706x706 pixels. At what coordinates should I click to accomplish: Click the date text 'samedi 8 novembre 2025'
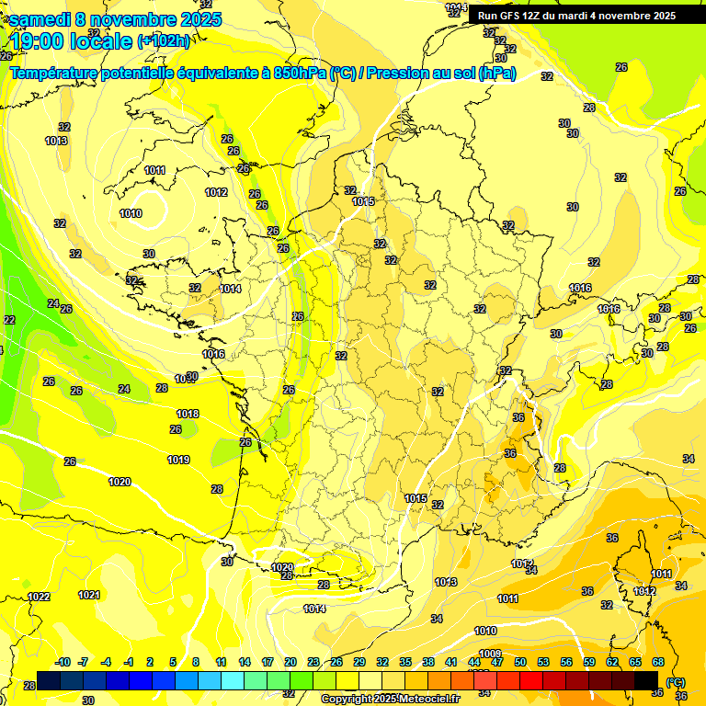pyautogui.click(x=116, y=19)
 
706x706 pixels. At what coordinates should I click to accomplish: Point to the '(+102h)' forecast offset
pyautogui.click(x=164, y=40)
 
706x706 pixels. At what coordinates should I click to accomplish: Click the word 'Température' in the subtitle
pyautogui.click(x=53, y=73)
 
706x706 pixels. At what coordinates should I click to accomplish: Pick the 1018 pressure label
pyautogui.click(x=188, y=414)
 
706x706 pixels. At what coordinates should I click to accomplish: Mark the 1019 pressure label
pyautogui.click(x=178, y=460)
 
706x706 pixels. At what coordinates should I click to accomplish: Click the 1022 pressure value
pyautogui.click(x=39, y=597)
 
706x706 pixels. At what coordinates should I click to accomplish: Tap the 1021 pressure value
pyautogui.click(x=89, y=595)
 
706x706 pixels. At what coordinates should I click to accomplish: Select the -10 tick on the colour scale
pyautogui.click(x=63, y=662)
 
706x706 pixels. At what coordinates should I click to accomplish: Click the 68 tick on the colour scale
pyautogui.click(x=658, y=662)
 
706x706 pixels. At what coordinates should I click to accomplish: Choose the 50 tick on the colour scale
pyautogui.click(x=520, y=662)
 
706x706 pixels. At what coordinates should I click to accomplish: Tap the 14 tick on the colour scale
pyautogui.click(x=245, y=662)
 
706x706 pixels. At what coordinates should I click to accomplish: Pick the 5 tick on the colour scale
pyautogui.click(x=174, y=662)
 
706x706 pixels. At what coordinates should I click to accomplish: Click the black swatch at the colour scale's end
pyautogui.click(x=646, y=680)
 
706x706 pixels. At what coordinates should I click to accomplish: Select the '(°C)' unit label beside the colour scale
pyautogui.click(x=676, y=681)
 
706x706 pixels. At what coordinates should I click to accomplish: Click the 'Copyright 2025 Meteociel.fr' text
pyautogui.click(x=390, y=699)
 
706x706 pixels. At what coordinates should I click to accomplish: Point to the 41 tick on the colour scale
pyautogui.click(x=451, y=662)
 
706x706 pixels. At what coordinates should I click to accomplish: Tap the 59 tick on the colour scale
pyautogui.click(x=588, y=662)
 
